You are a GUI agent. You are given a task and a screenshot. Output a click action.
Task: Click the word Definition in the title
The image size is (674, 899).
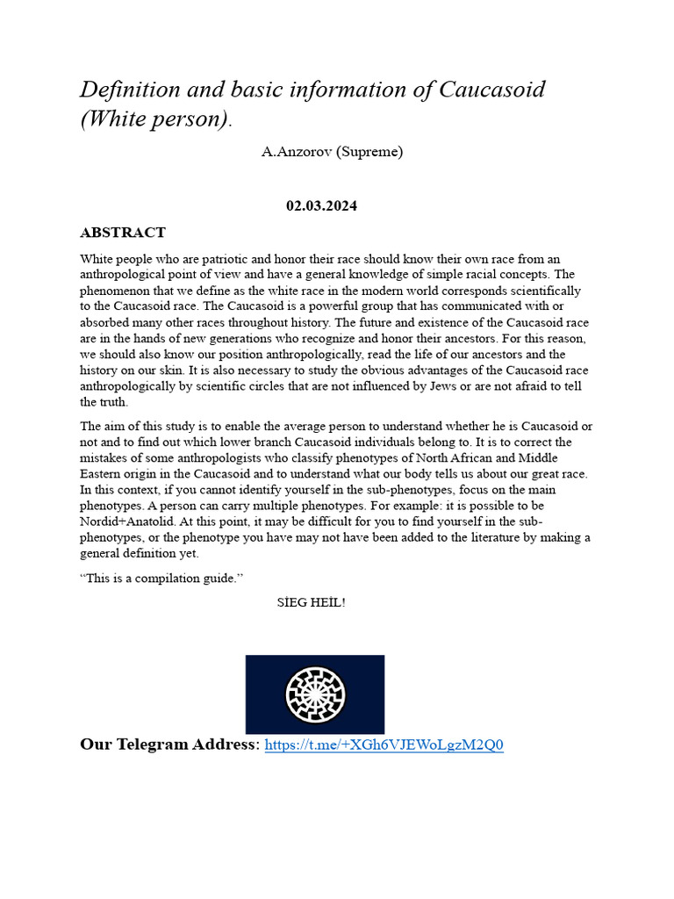(x=131, y=90)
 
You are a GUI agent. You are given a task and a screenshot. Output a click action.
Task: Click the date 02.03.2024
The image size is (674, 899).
(x=321, y=206)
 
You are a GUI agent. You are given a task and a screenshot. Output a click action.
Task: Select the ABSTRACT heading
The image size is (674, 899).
(x=123, y=233)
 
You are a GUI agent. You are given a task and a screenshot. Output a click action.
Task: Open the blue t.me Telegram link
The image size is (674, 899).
(x=384, y=745)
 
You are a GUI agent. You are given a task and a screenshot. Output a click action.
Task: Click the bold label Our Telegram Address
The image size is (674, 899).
(x=170, y=745)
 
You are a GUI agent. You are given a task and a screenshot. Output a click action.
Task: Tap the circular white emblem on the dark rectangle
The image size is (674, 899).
(x=315, y=694)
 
